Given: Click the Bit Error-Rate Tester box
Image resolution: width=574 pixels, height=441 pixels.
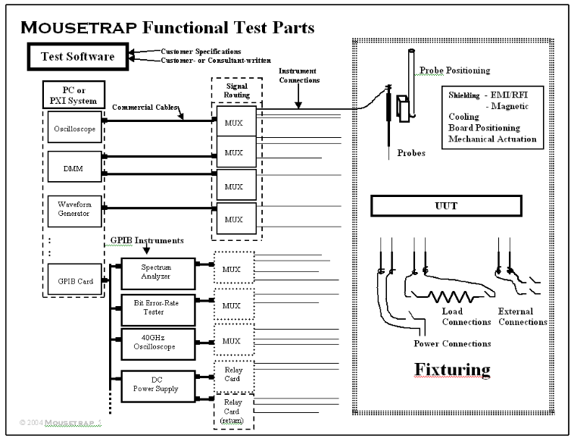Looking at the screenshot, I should click(x=158, y=307).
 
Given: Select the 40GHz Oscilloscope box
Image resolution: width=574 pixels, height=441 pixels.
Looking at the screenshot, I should click(x=158, y=342).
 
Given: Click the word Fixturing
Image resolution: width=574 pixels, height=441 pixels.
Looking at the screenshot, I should click(x=452, y=370).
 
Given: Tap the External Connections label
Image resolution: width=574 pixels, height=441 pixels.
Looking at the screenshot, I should click(x=522, y=317).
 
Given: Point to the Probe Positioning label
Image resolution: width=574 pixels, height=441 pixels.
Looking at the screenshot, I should click(x=454, y=70).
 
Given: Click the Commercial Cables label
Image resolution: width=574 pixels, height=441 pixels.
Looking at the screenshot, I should click(x=145, y=107).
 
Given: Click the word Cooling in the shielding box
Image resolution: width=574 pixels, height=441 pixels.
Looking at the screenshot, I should click(x=464, y=117).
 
